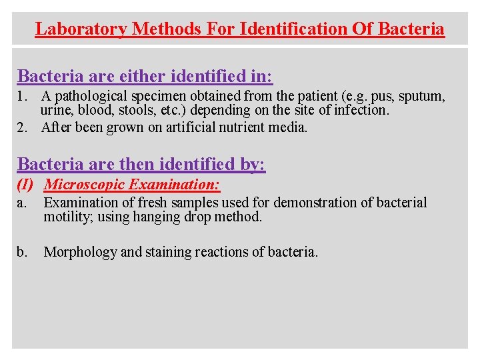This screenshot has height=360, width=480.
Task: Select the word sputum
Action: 422,97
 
